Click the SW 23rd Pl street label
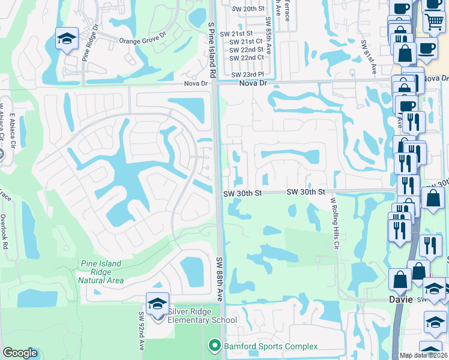click(247, 74)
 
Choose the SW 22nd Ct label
click(247, 58)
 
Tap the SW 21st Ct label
click(247, 41)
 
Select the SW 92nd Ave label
click(142, 330)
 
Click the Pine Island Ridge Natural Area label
click(101, 272)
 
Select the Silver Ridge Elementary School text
click(202, 316)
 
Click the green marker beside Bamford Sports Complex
click(213, 346)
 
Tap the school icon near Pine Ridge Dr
click(67, 40)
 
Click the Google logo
click(20, 353)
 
